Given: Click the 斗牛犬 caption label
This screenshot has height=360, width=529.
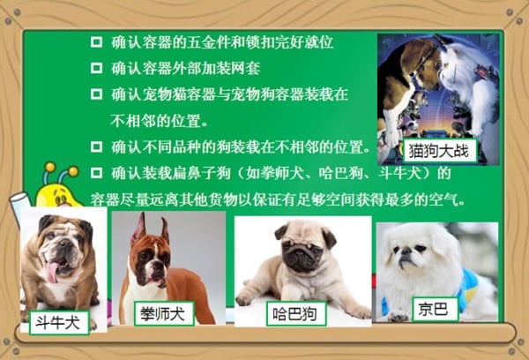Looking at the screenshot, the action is (x=59, y=323).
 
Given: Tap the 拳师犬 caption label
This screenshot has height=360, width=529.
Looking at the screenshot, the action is (x=164, y=314).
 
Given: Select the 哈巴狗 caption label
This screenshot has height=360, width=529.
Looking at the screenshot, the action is (x=296, y=314).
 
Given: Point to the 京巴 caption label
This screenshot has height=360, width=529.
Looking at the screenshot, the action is (x=436, y=310).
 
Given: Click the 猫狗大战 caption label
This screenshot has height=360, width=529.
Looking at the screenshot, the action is (x=440, y=151).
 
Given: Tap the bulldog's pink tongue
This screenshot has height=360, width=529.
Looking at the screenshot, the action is (x=52, y=273).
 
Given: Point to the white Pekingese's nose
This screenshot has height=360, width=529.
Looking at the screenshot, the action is (x=406, y=251).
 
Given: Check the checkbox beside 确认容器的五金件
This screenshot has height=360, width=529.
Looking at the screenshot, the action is (x=96, y=42).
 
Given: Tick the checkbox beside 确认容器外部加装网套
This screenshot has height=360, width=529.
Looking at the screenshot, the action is (x=96, y=68).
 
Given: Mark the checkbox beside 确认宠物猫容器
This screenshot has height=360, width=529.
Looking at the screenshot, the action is (x=96, y=94).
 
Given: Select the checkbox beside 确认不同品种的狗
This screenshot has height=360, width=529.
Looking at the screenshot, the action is (x=96, y=146).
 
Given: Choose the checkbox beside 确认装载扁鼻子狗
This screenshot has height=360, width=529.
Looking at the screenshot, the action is (x=96, y=173).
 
